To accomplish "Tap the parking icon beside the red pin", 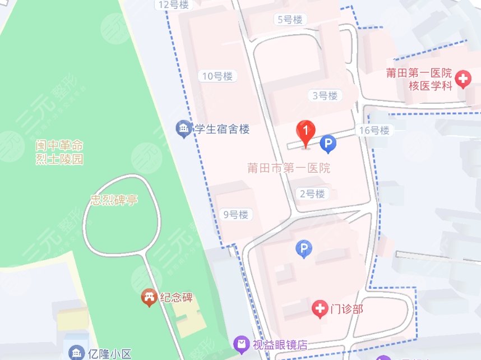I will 327,144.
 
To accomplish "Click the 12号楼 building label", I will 174,4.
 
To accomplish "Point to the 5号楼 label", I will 290,20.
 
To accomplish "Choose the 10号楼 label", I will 218,76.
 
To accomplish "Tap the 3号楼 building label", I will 325,95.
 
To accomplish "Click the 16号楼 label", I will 374,130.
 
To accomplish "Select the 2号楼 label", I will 312,194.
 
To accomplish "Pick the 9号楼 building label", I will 235,214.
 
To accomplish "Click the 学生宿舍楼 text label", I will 221,130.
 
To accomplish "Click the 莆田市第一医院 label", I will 289,168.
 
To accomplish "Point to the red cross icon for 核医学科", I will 463,79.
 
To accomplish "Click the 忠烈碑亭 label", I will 114,200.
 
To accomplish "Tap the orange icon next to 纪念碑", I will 149,297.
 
